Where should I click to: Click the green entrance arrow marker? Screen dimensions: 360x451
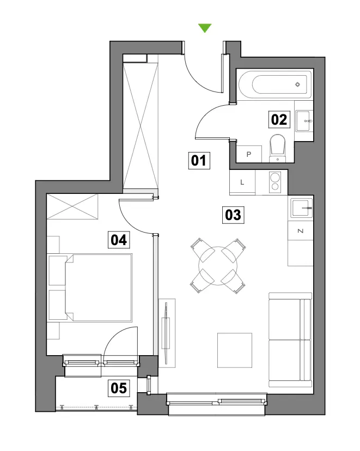[205, 28]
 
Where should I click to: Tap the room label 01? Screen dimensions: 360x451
[199, 160]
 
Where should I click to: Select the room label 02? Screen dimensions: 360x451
[279, 119]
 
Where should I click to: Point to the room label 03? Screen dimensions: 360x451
[233, 215]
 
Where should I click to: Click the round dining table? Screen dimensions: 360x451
[218, 266]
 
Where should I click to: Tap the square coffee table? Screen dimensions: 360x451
[235, 350]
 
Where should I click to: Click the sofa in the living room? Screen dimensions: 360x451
[290, 340]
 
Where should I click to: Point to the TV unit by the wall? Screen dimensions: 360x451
[167, 333]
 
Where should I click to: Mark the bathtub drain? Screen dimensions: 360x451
[297, 84]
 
